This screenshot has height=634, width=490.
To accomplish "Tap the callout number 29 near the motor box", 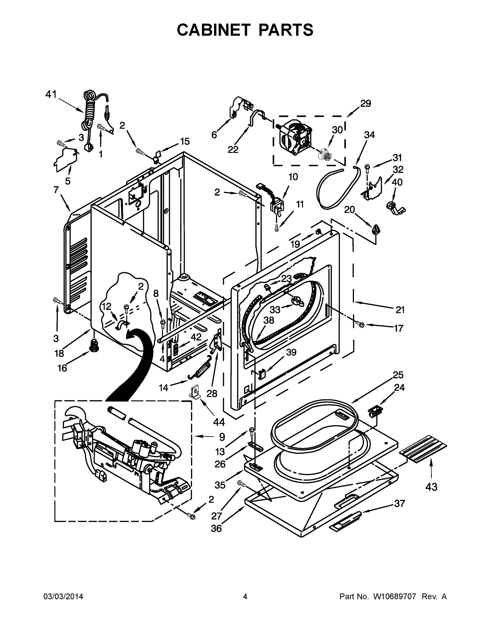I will [x=366, y=103].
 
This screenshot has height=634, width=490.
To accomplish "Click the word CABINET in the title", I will [x=213, y=30].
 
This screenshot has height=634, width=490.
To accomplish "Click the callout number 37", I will [x=399, y=503].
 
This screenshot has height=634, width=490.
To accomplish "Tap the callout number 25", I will [x=398, y=375].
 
